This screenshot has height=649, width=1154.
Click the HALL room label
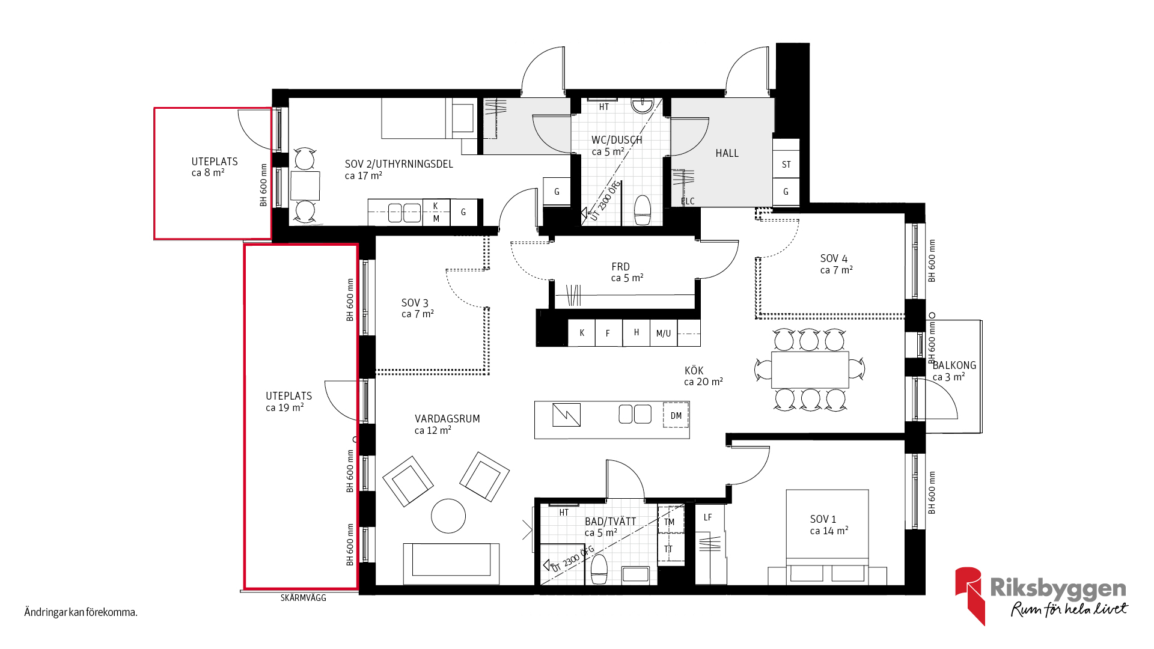(727, 153)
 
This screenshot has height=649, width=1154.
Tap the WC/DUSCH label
(617, 140)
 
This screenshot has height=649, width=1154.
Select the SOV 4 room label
(834, 258)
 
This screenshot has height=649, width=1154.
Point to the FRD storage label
(620, 267)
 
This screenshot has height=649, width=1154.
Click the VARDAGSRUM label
(447, 419)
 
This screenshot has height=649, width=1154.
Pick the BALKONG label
(954, 365)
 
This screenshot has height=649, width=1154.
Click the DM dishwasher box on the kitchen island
(676, 416)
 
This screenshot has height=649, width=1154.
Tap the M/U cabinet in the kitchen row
(664, 333)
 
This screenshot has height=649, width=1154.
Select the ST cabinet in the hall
(786, 164)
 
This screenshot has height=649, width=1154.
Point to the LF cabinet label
(707, 517)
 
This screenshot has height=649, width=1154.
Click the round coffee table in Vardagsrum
(448, 516)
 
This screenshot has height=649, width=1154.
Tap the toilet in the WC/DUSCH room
(643, 210)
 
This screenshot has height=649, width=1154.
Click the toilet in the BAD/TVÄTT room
(599, 569)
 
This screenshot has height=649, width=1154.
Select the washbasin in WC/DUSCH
(643, 106)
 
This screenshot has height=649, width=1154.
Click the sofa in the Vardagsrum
(451, 564)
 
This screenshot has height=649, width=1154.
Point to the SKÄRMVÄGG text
(304, 598)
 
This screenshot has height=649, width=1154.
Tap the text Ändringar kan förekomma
(81, 612)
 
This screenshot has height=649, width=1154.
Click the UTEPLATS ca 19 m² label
(288, 401)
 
